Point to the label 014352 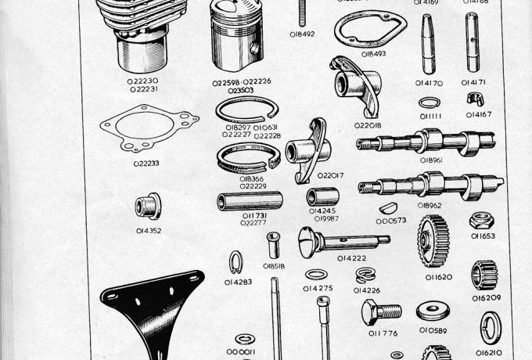coord(148,231)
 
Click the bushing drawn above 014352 coord(146,207)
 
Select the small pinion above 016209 coord(484,275)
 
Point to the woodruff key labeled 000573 coord(388,208)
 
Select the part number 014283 coord(238,282)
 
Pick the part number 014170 coord(429,81)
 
